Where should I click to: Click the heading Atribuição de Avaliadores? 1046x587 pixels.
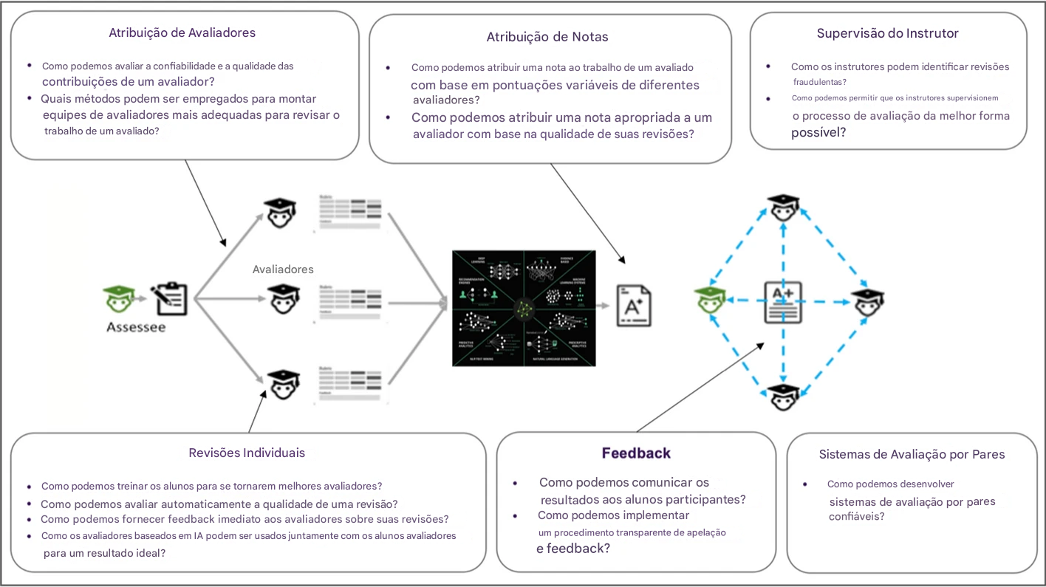click(182, 32)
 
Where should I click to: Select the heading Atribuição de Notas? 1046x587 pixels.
click(547, 37)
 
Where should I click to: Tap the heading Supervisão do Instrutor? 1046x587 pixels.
click(887, 33)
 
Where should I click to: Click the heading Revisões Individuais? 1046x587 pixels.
click(247, 453)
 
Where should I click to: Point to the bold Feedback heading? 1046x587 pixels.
click(636, 453)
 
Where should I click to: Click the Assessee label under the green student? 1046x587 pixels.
click(136, 327)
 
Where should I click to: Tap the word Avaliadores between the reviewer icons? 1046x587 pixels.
click(283, 270)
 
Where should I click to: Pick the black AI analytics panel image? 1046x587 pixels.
click(523, 307)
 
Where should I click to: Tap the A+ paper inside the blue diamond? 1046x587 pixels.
click(782, 302)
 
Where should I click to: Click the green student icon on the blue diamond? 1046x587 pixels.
click(708, 301)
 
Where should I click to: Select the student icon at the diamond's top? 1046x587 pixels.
click(782, 207)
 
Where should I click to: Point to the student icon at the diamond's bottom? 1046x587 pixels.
click(782, 397)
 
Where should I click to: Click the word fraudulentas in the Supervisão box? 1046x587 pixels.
click(820, 82)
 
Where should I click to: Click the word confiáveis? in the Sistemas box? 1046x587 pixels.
click(857, 517)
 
